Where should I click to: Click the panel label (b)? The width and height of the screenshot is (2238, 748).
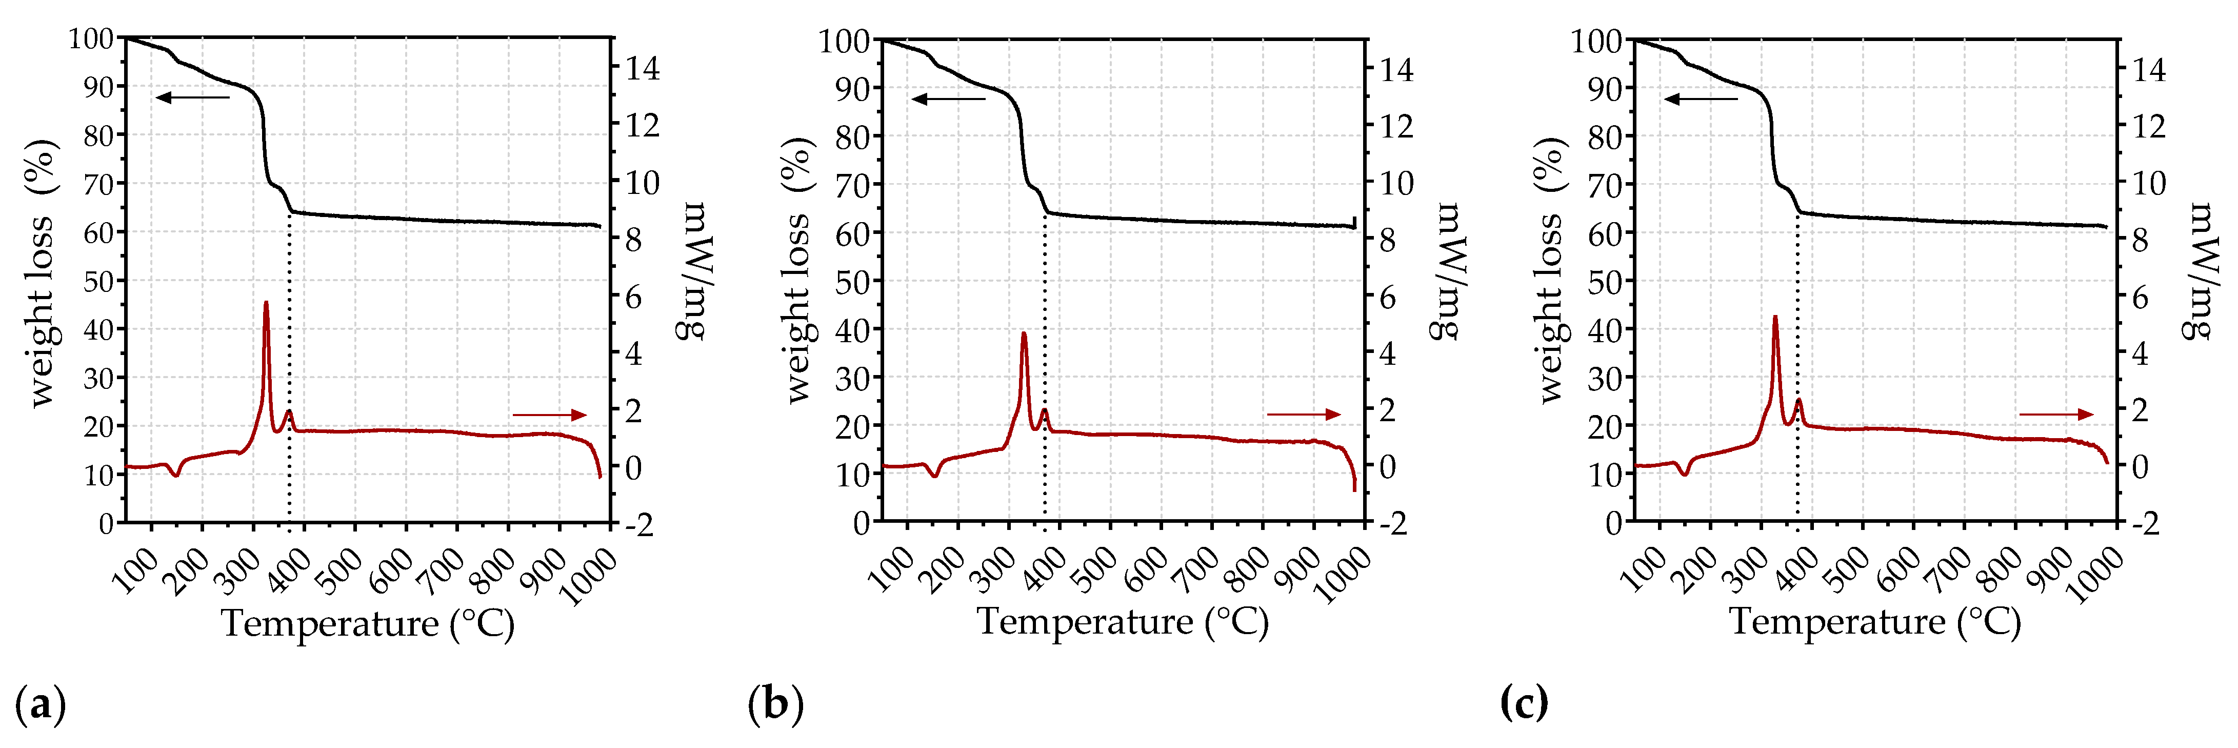coord(775,704)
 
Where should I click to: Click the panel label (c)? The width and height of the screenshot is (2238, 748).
coord(1523,702)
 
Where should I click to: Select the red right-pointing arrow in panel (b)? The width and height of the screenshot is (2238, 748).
coord(1303,415)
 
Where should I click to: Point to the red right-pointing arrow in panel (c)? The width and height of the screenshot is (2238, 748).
coord(2055,415)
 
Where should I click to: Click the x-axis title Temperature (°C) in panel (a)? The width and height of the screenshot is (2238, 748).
coord(368,624)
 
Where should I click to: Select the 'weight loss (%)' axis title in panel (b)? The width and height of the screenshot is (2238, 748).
coord(797,270)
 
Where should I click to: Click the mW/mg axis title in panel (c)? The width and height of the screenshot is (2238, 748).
coord(2197,270)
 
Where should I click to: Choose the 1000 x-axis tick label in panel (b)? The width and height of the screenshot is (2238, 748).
coord(1342,575)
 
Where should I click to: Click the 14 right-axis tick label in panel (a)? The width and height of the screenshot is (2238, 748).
coord(643,69)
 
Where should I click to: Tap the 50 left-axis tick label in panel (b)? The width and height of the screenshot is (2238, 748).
coord(851,282)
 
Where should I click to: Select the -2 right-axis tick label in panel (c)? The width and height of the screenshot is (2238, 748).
coord(2145,524)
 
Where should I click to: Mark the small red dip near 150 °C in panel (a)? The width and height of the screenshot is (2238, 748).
coord(176,475)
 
